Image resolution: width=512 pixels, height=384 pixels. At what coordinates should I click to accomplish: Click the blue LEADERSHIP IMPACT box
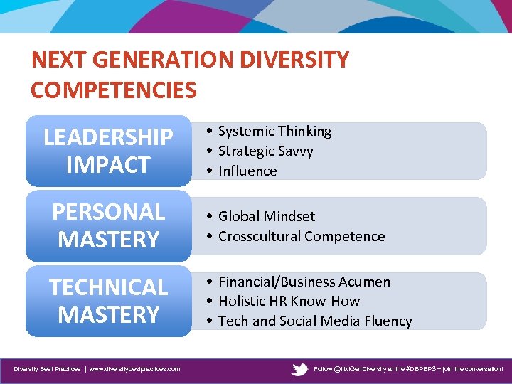pos(108,151)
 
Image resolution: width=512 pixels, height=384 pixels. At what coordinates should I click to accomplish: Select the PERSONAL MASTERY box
pos(108,226)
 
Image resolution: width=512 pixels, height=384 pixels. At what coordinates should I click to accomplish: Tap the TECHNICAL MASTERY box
pos(108,301)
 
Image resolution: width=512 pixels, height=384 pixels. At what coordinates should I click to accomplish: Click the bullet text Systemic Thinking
pos(274,132)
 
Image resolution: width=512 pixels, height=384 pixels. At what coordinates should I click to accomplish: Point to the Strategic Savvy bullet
pos(265,151)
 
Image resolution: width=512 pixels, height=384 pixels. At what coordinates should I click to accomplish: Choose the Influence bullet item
pos(247,171)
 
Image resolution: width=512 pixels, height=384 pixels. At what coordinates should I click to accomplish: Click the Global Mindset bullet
pos(266,216)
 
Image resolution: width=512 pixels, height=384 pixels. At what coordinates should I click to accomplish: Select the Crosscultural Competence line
pos(301,236)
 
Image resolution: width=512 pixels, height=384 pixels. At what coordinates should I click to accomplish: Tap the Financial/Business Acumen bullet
pos(304,282)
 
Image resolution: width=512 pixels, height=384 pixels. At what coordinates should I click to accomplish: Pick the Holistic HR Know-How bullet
pos(289,301)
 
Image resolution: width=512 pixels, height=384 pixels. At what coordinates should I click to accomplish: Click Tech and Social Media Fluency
pos(314,321)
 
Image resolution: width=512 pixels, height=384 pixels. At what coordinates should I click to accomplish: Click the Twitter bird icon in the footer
pos(300,369)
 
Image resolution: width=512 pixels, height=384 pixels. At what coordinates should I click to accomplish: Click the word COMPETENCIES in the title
pos(114,90)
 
